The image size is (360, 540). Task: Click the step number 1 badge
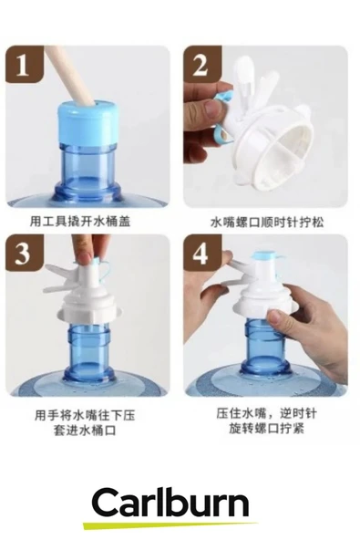coord(25,64)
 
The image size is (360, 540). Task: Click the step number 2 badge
coord(201,64)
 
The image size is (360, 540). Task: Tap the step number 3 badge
coord(25,254)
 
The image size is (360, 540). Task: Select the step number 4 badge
coord(201,254)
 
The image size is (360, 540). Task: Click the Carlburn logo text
coord(170,503)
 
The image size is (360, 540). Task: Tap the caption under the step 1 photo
coord(80,221)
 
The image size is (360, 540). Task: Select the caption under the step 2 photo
coord(267,222)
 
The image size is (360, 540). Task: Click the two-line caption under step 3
coord(85,422)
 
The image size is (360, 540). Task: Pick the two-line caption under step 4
coord(266,421)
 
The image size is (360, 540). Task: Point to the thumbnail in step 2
coord(211,107)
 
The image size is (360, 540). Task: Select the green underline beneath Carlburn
coord(170,524)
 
